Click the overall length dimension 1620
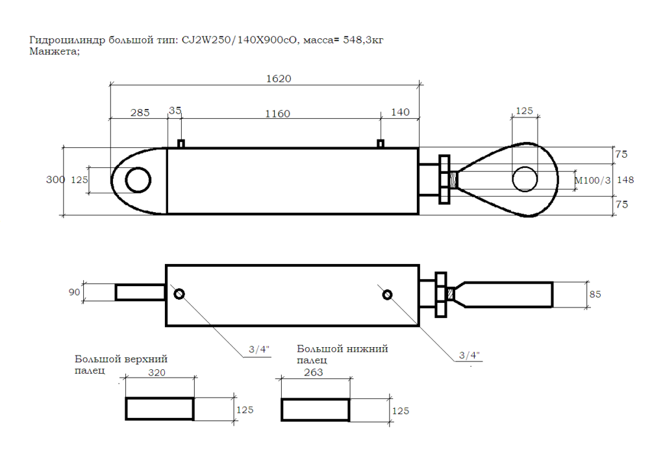pos(279,79)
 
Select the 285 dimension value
pos(140,112)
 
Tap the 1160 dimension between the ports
pos(277,114)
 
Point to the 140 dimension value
pos(401,112)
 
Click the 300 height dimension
pos(55,180)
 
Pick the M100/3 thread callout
pos(594,180)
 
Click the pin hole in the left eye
pos(138,180)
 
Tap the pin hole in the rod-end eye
pos(525,179)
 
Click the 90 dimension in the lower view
pos(74,292)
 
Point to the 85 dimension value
pos(595,294)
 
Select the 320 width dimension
pos(158,373)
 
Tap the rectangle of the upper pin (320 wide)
pos(160,409)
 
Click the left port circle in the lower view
pos(179,295)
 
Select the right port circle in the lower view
pos(387,295)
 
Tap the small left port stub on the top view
pos(181,143)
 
